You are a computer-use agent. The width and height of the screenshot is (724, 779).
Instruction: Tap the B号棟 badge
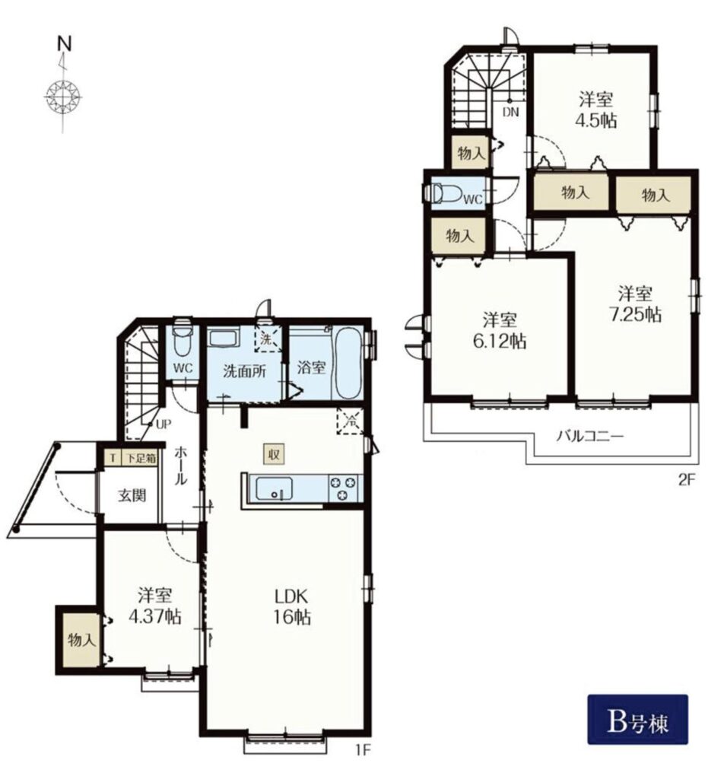[x=637, y=719]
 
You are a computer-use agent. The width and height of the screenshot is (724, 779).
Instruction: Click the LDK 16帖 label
[x=292, y=606]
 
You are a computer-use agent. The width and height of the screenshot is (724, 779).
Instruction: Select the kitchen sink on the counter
[x=274, y=488]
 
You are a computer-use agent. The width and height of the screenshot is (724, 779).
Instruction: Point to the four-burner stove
[x=343, y=488]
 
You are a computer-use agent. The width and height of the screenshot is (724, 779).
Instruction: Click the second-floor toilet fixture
[x=446, y=193]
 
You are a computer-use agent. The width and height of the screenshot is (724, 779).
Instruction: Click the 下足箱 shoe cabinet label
[x=139, y=458]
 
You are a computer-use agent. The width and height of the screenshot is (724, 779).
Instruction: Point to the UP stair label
[x=163, y=424]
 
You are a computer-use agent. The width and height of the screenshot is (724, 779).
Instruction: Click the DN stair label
[x=510, y=113]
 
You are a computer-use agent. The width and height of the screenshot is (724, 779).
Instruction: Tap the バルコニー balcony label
[x=589, y=437]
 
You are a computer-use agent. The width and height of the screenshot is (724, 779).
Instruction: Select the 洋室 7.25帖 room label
[x=635, y=304]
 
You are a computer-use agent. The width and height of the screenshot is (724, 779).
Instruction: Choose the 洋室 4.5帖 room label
[x=596, y=110]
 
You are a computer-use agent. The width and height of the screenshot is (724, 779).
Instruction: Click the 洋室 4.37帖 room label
[x=154, y=606]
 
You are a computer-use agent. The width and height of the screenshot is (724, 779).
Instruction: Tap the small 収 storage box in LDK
[x=274, y=454]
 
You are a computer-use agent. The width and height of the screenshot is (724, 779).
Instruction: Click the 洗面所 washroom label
[x=244, y=370]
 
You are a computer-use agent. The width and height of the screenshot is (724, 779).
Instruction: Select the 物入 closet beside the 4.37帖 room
[x=81, y=639]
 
